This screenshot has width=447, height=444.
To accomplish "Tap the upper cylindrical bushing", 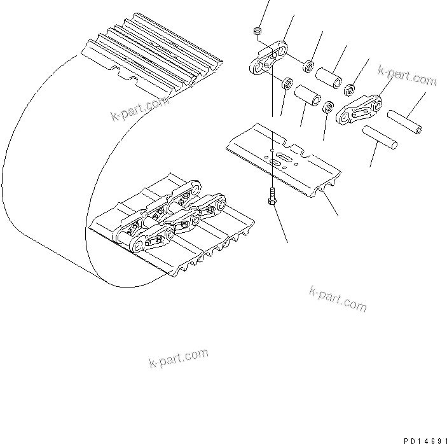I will tap(330, 76).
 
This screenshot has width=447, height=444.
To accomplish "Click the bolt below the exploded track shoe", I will tap(272, 197).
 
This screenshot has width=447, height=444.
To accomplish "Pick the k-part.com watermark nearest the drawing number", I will tap(338, 298).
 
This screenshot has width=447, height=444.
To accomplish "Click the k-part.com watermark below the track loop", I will tap(178, 359).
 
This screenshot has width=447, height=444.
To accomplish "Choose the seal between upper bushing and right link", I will tap(350, 87).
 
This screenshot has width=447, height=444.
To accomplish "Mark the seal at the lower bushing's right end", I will tap(327, 108).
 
